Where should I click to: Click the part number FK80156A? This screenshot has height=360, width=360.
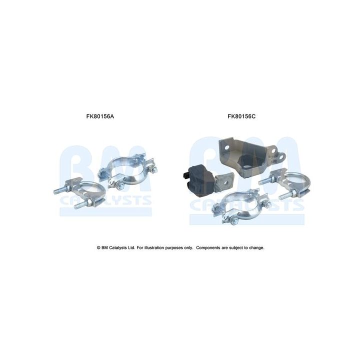pos(100,116)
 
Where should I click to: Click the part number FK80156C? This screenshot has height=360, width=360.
pos(241,116)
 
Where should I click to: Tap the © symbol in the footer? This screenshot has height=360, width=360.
pos(98,247)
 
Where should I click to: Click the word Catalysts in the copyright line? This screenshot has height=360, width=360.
pos(119,247)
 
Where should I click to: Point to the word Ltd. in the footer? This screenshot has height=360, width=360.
pos(132,247)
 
